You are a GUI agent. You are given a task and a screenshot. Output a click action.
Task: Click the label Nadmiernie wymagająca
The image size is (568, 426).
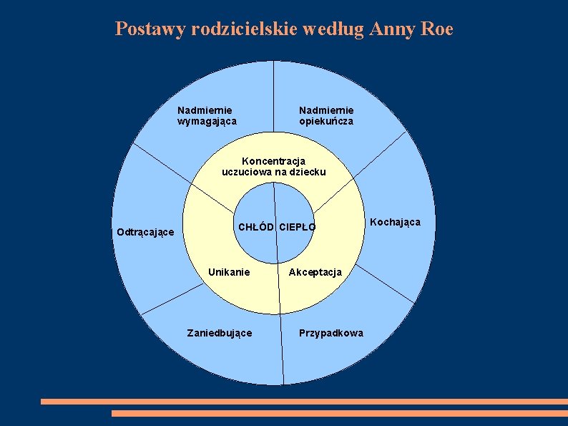tap(207, 115)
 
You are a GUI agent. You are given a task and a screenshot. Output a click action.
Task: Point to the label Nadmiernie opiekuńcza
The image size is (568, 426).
tap(326, 115)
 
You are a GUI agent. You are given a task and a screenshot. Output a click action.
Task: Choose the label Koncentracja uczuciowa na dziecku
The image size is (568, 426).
tap(274, 166)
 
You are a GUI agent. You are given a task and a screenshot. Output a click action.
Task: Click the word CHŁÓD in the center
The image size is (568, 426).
tap(256, 228)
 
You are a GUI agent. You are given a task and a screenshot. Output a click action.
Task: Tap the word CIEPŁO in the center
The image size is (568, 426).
tap(297, 228)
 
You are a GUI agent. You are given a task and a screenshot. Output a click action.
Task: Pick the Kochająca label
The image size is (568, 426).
tap(395, 222)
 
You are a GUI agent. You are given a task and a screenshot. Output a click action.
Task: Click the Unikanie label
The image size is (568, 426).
tap(229, 272)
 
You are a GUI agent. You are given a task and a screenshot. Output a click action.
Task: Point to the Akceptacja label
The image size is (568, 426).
tap(315, 272)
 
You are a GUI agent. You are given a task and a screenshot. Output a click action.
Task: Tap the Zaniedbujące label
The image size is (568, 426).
tap(219, 333)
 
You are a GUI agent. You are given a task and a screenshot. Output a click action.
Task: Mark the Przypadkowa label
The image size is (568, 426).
tap(331, 333)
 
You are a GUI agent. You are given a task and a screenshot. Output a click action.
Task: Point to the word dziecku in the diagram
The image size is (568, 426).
tap(308, 172)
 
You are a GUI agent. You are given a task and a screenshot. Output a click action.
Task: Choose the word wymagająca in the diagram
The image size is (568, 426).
tap(207, 121)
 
